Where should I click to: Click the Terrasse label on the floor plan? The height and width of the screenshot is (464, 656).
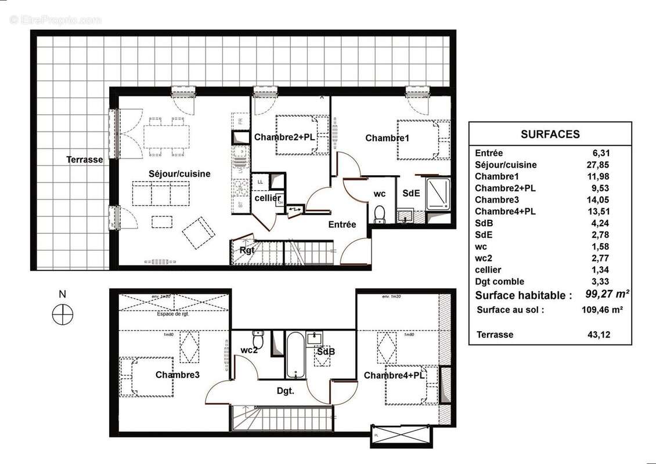[85, 159]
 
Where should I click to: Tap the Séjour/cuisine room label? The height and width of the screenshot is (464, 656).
[179, 173]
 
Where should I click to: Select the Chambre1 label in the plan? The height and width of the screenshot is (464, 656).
[387, 138]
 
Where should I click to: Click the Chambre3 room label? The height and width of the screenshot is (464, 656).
[178, 375]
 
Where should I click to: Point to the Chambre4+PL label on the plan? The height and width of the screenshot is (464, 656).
[394, 375]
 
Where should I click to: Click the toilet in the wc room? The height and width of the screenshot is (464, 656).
[380, 214]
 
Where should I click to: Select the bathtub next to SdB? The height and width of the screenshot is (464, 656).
[295, 355]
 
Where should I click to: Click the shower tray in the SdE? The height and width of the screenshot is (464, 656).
[437, 194]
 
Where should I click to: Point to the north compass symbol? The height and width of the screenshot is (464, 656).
[63, 315]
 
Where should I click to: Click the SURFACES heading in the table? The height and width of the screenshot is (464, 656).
[550, 134]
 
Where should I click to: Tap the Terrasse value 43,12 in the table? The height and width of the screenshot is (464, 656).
[600, 335]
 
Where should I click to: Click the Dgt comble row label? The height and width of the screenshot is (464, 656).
[499, 281]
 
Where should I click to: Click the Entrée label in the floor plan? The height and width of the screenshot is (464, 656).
[342, 224]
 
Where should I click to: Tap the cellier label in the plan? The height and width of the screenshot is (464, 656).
[268, 198]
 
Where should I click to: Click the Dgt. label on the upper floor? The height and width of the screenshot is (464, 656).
[284, 391]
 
